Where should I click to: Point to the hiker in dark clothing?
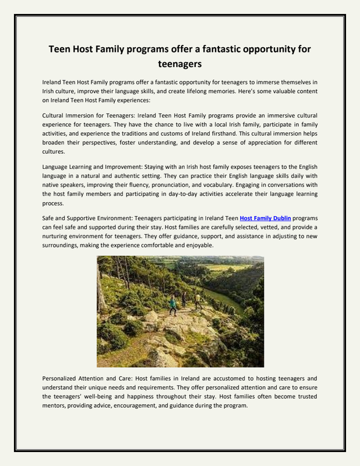coord(184,300)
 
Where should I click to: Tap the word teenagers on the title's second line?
coord(179,64)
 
